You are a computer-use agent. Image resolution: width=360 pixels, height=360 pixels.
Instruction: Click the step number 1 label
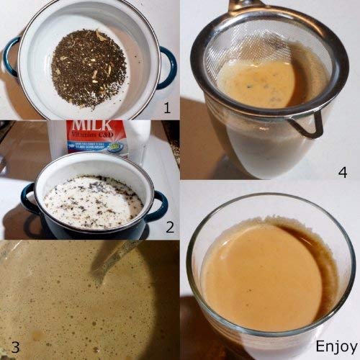166,109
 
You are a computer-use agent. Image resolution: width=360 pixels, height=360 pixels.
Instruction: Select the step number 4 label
343,171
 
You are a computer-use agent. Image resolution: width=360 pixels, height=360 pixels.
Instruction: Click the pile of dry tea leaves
89,69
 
